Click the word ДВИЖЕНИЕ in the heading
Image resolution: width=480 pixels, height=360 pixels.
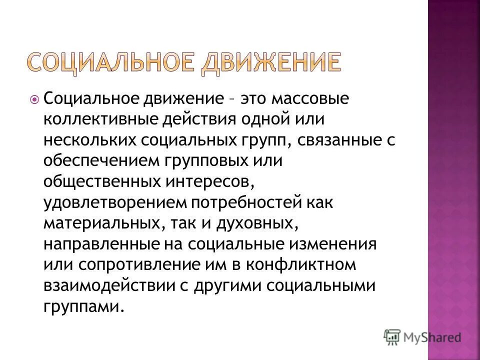point(271,64)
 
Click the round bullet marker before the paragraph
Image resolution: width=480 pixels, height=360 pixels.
point(34,99)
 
